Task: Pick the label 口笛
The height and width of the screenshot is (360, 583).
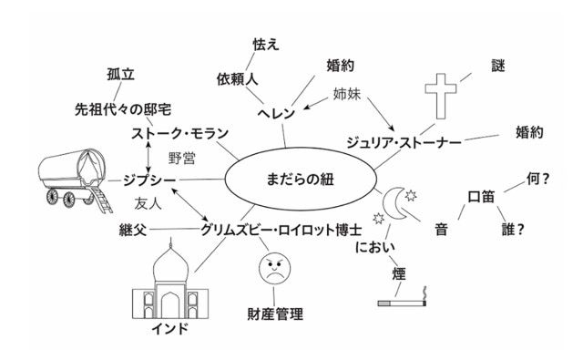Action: (480, 196)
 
